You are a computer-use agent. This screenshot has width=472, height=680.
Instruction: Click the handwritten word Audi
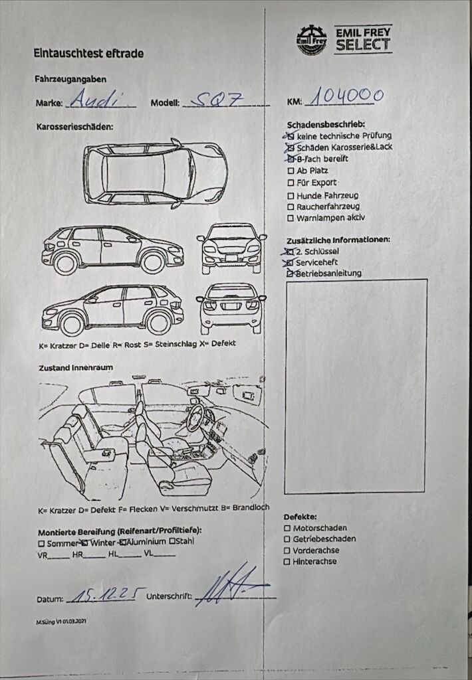[x=94, y=100]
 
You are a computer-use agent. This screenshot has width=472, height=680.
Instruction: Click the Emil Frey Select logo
[x=344, y=39]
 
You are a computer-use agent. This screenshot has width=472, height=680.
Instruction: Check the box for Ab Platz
[x=291, y=171]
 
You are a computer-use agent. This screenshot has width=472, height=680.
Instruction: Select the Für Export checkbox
[x=291, y=183]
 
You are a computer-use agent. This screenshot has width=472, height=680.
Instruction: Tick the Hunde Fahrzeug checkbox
[x=291, y=195]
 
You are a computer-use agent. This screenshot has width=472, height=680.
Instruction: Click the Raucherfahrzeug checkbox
[x=291, y=207]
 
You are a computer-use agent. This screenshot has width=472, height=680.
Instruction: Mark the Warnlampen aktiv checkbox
[x=291, y=218]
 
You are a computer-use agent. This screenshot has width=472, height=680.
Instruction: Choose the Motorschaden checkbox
[x=287, y=528]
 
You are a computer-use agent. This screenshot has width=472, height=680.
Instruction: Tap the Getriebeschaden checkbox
[x=287, y=539]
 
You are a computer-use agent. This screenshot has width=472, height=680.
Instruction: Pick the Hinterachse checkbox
[x=287, y=562]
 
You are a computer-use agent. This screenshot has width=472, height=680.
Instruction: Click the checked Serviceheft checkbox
[x=289, y=263]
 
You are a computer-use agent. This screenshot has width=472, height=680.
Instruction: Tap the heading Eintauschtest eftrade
[x=89, y=53]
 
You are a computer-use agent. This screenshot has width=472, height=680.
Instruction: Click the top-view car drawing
[x=155, y=173]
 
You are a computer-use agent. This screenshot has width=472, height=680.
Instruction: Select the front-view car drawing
[x=231, y=248]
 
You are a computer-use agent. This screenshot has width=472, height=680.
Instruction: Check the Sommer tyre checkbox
[x=41, y=543]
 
